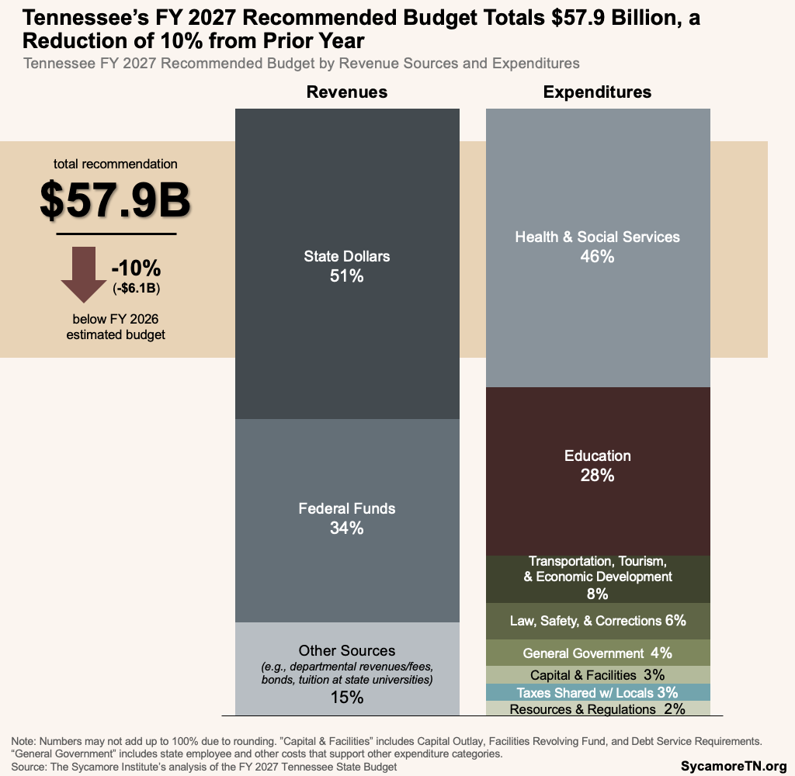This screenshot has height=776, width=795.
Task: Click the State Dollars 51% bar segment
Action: coord(347,264)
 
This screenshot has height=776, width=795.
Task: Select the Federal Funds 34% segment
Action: coord(347,518)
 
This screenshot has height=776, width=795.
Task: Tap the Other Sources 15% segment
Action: coord(347,671)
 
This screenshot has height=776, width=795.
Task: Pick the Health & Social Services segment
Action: coord(597,247)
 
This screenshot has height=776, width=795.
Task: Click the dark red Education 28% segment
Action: coord(597,466)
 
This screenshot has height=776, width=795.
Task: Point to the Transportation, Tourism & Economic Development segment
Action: coord(597,579)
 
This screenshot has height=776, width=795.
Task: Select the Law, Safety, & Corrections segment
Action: coord(597,621)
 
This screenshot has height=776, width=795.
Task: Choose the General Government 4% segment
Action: coord(597,653)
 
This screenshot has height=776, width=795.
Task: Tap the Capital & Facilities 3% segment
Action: coord(597,674)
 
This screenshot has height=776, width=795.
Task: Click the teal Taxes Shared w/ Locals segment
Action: coord(597,692)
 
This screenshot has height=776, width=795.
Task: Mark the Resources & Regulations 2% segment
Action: coord(597,708)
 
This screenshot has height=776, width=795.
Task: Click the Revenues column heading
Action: coord(347,92)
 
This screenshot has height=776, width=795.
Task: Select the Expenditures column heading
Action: coord(597,92)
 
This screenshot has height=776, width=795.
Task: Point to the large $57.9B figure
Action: coord(115,199)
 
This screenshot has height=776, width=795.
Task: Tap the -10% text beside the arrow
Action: coord(136,268)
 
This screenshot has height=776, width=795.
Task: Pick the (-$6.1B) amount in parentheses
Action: coord(136,288)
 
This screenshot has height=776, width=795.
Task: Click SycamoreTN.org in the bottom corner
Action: coord(734,765)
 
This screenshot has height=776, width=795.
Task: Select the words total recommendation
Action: coord(115,164)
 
